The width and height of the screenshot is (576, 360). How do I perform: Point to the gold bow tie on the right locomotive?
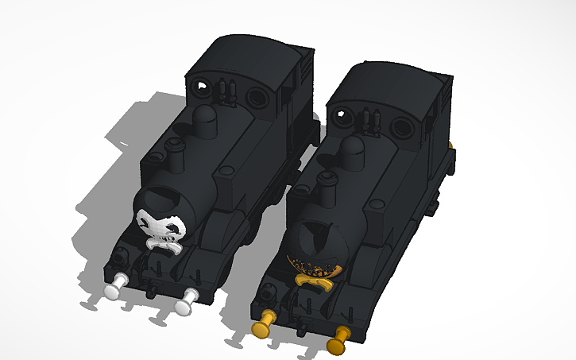point(315,278)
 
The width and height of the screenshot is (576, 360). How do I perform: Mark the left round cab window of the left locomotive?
point(203,85)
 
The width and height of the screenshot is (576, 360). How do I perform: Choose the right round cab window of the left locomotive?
point(258,99)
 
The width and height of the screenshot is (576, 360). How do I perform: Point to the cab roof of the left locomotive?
point(246,56)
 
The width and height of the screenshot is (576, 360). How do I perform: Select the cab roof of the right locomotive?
point(389,84)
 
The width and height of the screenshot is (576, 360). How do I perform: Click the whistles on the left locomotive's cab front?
point(227,90)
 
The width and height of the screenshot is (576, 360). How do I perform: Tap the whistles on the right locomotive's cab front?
point(369,120)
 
